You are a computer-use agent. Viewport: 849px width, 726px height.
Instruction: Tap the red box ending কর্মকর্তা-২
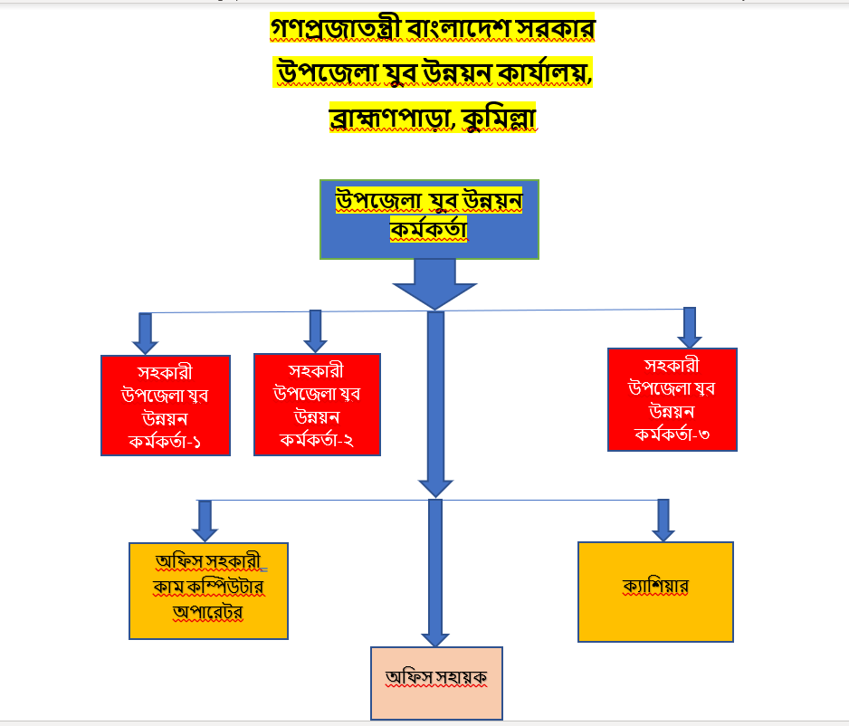pos(316,404)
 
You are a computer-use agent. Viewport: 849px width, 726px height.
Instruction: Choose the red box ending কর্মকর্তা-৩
pos(673,399)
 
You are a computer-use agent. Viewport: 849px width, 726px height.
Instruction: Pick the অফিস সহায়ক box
pos(436,683)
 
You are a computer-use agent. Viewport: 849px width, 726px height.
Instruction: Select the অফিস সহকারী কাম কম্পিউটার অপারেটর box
pos(208,590)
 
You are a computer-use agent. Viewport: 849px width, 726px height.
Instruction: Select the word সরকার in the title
pos(554,30)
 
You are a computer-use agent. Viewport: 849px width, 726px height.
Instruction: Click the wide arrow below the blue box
pos(434,283)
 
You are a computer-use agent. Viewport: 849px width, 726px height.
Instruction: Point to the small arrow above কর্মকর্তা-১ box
pos(145,333)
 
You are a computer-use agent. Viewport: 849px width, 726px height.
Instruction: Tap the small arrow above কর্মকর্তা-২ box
pos(315,330)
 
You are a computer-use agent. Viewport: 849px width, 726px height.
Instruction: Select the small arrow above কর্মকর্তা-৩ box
pos(690,328)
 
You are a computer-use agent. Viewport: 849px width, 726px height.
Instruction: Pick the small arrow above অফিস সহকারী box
pos(205,521)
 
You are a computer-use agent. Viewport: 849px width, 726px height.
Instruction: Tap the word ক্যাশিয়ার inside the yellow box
pos(655,587)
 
